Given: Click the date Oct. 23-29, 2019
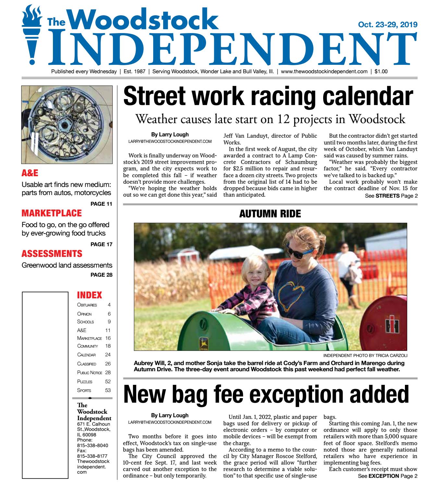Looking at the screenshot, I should (x=387, y=25).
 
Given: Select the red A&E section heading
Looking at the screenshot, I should (x=30, y=173).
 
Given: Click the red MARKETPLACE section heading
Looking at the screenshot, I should (x=52, y=213).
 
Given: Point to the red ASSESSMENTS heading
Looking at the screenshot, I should (x=52, y=253).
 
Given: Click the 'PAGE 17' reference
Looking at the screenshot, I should (x=102, y=244).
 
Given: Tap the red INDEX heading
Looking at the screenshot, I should (x=90, y=295).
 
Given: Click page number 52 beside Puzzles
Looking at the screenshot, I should (x=108, y=382).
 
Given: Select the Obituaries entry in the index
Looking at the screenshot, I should (x=87, y=305).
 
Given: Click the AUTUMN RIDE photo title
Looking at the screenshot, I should (x=270, y=214).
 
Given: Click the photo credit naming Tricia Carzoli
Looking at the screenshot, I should (x=365, y=355).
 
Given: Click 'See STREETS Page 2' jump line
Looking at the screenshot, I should (x=391, y=196).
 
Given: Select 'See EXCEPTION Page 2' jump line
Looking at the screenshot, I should (x=387, y=476).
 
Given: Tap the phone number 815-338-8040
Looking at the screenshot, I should (x=92, y=445).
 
